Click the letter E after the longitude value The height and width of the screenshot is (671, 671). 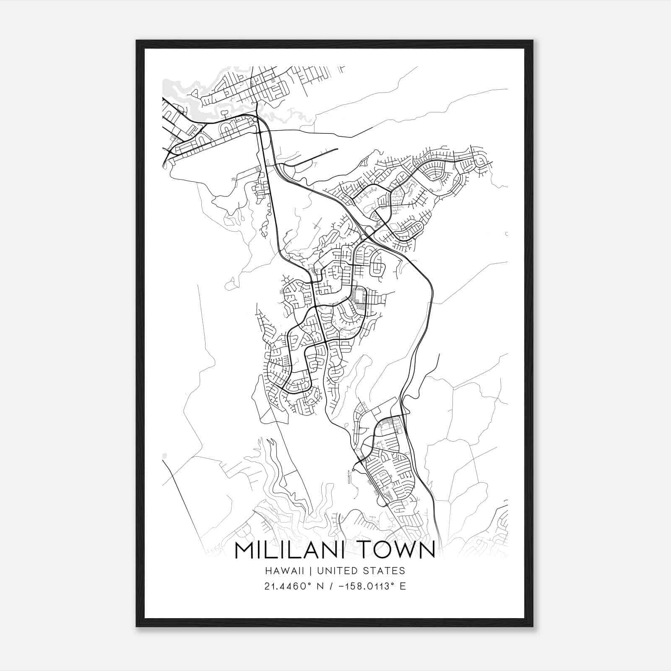tap(403, 586)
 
